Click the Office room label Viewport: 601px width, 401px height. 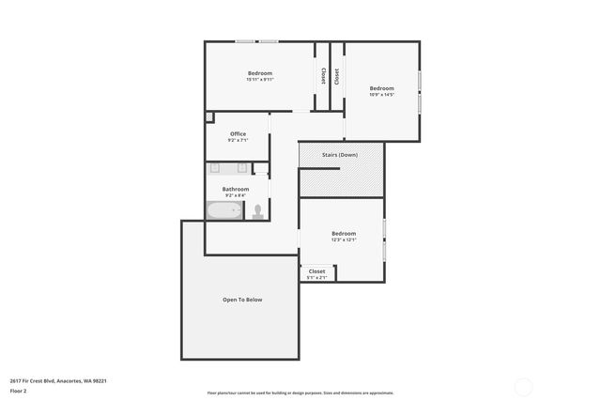238,133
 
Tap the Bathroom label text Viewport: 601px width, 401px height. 236,189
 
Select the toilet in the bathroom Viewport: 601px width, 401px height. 257,211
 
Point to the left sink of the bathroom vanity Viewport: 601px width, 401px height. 215,169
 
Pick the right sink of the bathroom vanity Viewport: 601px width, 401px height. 242,169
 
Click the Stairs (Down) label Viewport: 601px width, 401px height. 341,154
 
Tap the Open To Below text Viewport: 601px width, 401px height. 242,300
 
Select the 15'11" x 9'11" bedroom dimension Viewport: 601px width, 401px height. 259,80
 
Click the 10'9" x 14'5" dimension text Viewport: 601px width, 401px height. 381,95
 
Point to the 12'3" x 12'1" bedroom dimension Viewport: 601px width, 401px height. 343,239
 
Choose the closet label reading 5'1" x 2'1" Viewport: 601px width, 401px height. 316,277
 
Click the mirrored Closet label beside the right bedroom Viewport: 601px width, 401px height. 337,75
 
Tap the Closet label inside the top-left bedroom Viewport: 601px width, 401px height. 323,75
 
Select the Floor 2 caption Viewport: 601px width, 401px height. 18,391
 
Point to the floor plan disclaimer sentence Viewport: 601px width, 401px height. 300,393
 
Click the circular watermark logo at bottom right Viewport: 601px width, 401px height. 523,386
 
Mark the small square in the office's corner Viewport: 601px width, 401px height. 209,117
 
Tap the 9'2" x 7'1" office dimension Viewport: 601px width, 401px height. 238,141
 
